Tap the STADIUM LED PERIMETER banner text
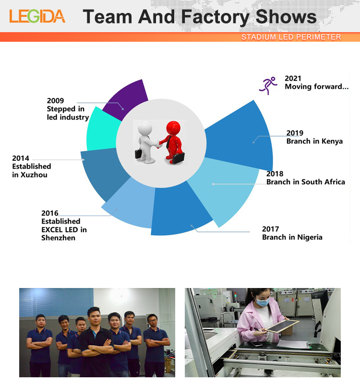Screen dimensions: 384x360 coord(291,37)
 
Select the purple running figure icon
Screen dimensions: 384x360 coord(268,85)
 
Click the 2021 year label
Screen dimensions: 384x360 coord(293,78)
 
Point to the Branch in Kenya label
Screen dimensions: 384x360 coord(314,141)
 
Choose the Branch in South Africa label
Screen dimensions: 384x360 coord(305,182)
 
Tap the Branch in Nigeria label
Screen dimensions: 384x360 coord(292,237)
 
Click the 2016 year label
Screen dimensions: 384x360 coord(50,213)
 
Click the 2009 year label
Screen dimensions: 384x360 coord(55,101)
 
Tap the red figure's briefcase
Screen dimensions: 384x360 coord(177,157)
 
